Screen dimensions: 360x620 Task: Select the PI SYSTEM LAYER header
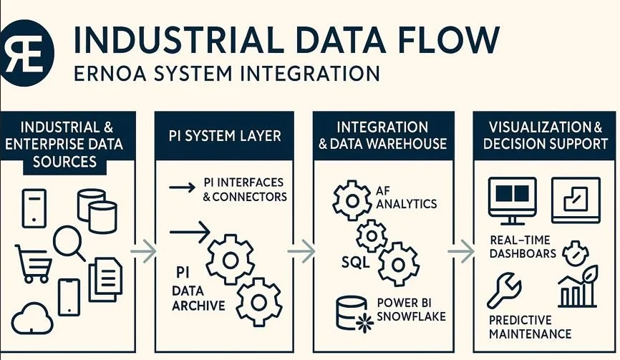pyautogui.click(x=223, y=135)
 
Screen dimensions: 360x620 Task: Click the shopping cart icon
pyautogui.click(x=33, y=264)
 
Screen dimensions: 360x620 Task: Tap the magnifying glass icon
pyautogui.click(x=69, y=242)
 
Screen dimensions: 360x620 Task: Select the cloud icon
pyautogui.click(x=33, y=318)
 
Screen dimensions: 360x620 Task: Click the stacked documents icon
pyautogui.click(x=105, y=278)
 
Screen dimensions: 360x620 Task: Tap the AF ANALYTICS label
pyautogui.click(x=405, y=197)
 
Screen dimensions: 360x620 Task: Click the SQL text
pyautogui.click(x=356, y=262)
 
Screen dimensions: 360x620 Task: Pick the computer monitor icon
pyautogui.click(x=511, y=198)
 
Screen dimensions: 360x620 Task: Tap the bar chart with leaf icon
pyautogui.click(x=578, y=286)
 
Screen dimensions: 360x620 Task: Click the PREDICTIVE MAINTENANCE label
pyautogui.click(x=530, y=326)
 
